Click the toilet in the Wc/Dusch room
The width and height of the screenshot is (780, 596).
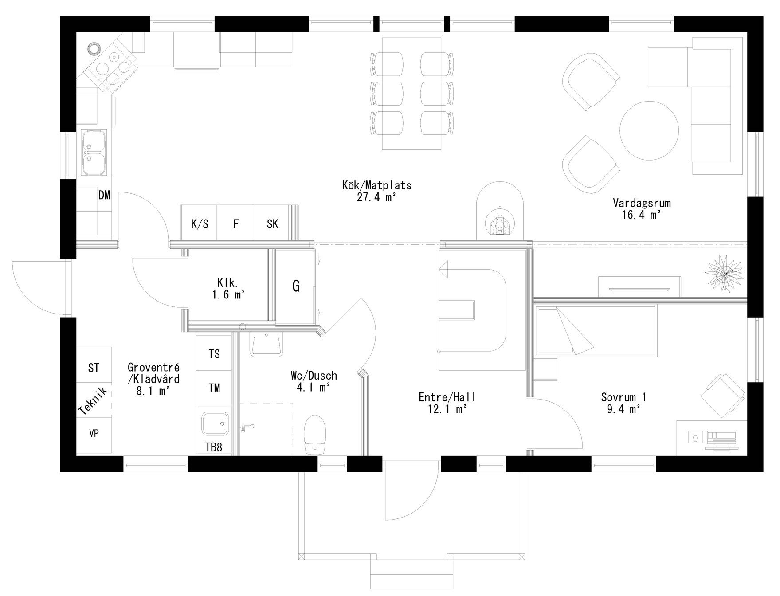(315, 434)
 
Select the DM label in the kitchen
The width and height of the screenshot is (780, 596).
(104, 195)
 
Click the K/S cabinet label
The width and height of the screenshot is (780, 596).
(200, 224)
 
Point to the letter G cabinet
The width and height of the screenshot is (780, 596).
(296, 286)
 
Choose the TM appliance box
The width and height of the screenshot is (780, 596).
(214, 388)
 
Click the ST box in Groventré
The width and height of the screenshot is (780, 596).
(94, 368)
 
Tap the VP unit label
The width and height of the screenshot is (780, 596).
(94, 433)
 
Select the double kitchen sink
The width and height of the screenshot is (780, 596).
(94, 152)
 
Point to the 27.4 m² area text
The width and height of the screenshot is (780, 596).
(376, 197)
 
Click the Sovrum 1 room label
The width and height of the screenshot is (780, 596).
(623, 397)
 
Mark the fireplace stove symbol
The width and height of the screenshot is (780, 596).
(500, 223)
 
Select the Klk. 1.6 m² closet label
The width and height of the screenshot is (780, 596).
(228, 289)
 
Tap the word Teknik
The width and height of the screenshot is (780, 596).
(93, 401)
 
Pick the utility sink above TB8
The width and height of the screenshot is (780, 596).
(215, 424)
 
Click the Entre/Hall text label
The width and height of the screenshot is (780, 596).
(447, 397)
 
